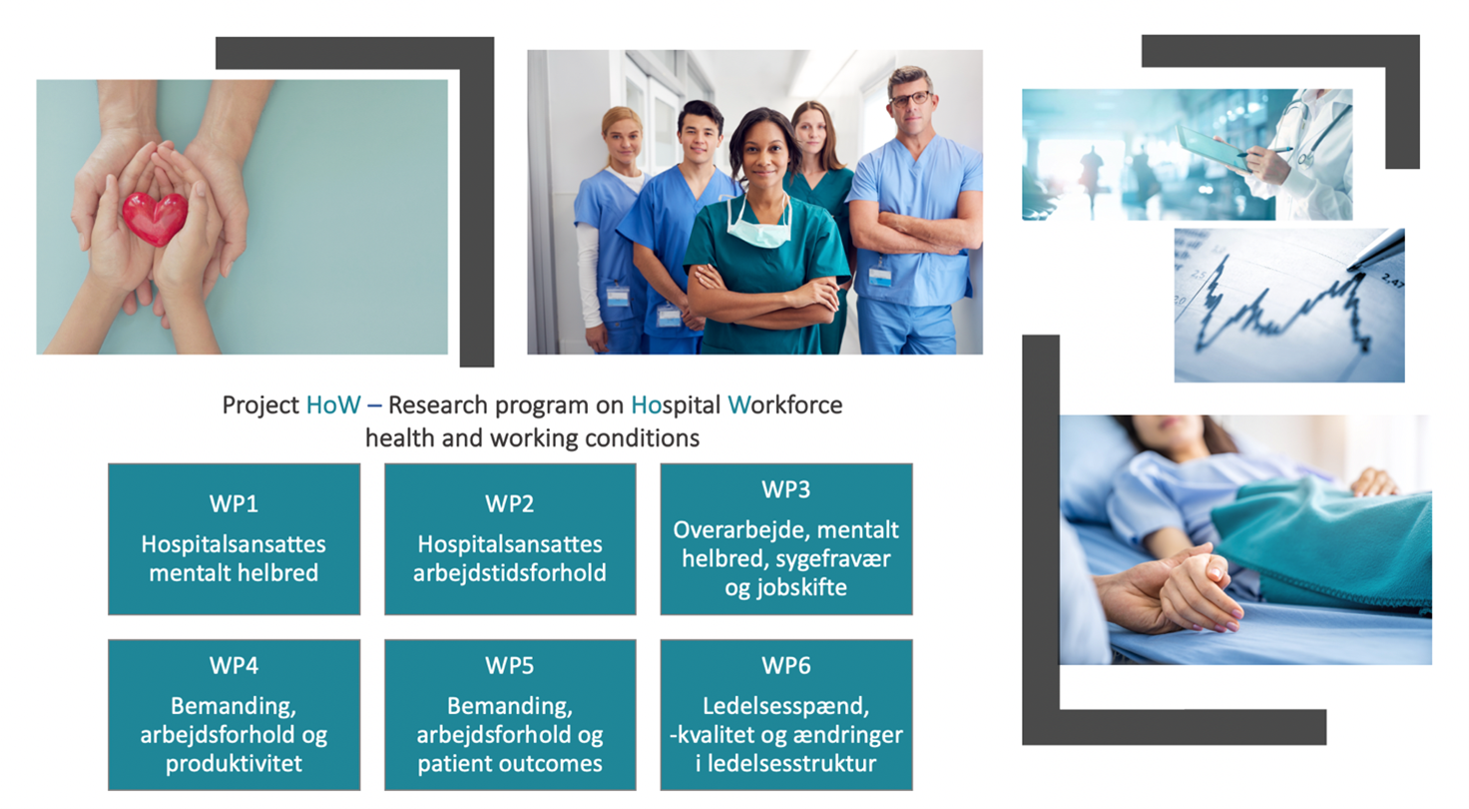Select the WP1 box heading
(234, 504)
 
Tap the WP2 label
(510, 504)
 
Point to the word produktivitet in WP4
(234, 764)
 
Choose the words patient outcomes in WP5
(510, 764)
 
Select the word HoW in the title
(333, 404)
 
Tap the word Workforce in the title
(785, 404)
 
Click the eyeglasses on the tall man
(911, 100)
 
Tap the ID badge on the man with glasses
(880, 274)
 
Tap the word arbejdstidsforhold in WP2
(510, 573)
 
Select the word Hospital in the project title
(677, 405)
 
